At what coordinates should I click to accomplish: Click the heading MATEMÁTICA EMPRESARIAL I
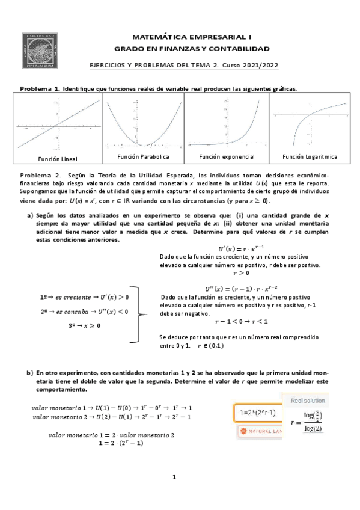click(192, 37)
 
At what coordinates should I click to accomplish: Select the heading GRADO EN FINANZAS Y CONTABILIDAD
click(192, 48)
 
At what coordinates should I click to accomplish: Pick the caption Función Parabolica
click(143, 156)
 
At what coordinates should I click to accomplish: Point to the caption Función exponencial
click(227, 156)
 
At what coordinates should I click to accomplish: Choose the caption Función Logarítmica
click(310, 156)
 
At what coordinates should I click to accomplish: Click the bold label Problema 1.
click(40, 88)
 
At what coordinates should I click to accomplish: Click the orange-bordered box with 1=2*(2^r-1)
click(257, 413)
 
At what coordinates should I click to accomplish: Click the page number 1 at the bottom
click(174, 478)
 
